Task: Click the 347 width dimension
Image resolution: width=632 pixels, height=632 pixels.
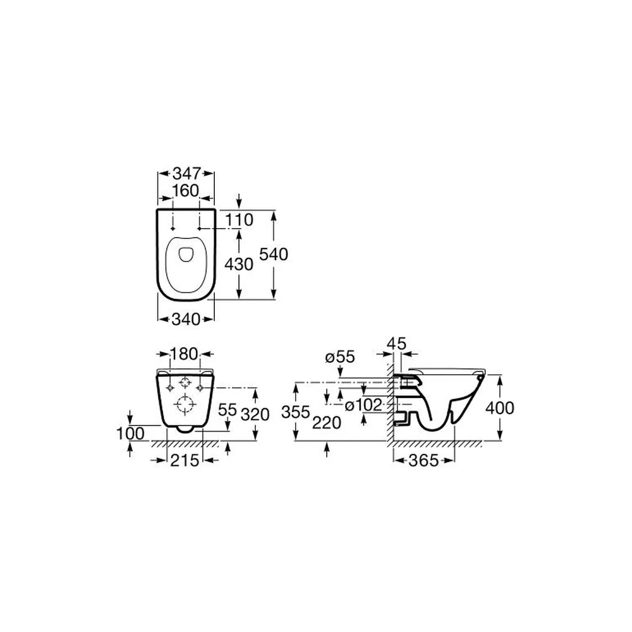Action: click(186, 174)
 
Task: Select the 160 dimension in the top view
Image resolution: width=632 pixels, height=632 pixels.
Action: click(186, 191)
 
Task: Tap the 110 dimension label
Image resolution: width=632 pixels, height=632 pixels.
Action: click(239, 220)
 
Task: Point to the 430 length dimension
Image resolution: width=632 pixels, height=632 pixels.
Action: click(239, 264)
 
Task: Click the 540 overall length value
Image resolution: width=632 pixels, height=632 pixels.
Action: click(274, 254)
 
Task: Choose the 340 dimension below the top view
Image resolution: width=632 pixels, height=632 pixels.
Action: click(186, 319)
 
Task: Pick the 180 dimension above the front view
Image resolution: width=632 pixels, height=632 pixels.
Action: click(184, 355)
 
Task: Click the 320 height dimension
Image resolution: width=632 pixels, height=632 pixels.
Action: click(255, 415)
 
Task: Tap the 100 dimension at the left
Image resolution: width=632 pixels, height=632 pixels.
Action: click(130, 434)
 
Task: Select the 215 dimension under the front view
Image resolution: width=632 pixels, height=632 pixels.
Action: click(185, 460)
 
